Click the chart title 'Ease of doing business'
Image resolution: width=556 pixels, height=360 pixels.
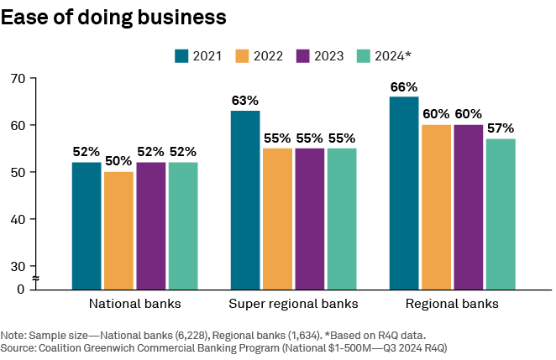113,16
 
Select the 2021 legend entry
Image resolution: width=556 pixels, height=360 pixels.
198,56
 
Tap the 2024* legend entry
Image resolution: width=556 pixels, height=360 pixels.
384,56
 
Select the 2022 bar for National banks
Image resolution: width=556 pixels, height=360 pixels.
118,230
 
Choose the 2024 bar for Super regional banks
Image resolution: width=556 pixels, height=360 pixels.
342,218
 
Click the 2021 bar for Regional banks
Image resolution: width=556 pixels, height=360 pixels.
404,192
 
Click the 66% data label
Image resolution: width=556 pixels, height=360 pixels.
404,87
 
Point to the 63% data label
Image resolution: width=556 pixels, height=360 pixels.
245,101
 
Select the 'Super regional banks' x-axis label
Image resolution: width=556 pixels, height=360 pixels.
293,303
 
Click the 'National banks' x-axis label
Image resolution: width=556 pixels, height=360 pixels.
134,303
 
